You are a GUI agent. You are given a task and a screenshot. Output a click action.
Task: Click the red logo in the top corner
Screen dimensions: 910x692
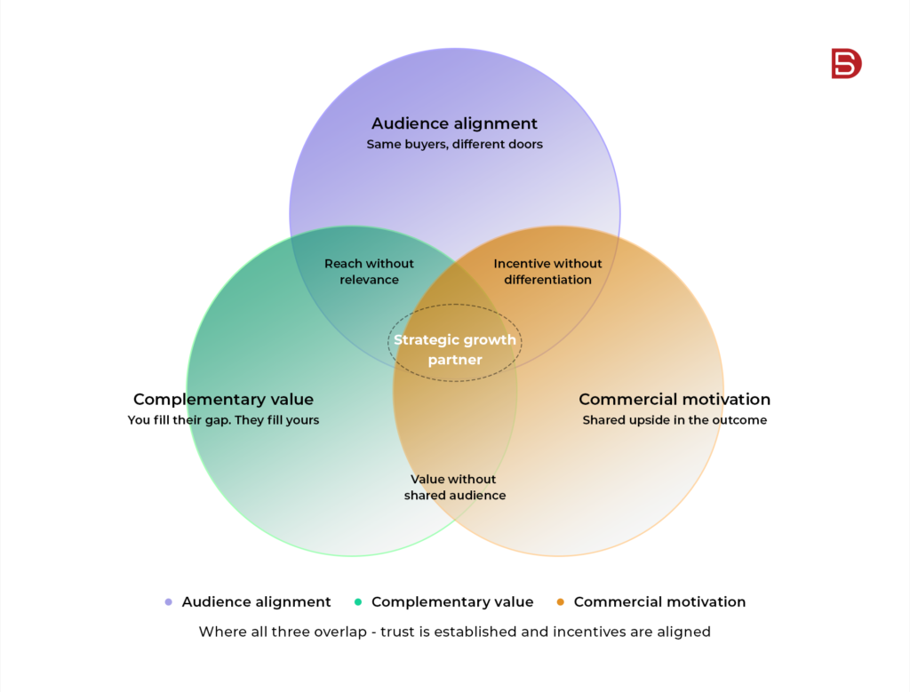tap(846, 63)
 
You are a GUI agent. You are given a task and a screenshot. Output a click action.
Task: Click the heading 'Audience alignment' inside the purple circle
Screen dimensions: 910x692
tap(454, 123)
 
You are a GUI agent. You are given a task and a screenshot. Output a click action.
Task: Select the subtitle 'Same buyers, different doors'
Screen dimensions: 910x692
tap(454, 145)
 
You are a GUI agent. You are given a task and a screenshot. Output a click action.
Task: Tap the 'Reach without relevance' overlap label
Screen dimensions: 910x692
tap(369, 272)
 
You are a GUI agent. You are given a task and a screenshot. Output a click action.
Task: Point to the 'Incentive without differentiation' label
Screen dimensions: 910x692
tap(547, 272)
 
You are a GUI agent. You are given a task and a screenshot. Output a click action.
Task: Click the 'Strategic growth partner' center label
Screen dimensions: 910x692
tap(455, 349)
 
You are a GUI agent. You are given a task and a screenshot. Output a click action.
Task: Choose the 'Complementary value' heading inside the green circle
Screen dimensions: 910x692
tap(223, 399)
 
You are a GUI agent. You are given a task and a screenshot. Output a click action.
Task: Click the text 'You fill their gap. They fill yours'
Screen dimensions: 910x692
tap(223, 420)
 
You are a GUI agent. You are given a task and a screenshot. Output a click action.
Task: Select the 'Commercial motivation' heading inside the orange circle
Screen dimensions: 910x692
tap(675, 399)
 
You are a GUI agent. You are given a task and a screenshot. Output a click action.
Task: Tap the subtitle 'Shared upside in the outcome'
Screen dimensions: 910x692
tap(675, 420)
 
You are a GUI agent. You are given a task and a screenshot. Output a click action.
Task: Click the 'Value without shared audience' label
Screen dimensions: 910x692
tap(454, 487)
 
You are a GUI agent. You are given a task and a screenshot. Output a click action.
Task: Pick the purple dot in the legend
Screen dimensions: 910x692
tap(168, 602)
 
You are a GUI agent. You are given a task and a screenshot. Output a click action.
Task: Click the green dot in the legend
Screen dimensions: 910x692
tap(358, 602)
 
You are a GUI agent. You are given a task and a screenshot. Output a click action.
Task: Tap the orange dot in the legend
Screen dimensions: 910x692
tap(561, 602)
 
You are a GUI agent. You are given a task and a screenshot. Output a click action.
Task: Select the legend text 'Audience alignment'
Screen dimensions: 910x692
tap(257, 602)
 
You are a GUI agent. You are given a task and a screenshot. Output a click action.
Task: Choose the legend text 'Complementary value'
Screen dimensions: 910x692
tap(452, 602)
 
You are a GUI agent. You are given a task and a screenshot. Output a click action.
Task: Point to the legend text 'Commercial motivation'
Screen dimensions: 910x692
tap(660, 602)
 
